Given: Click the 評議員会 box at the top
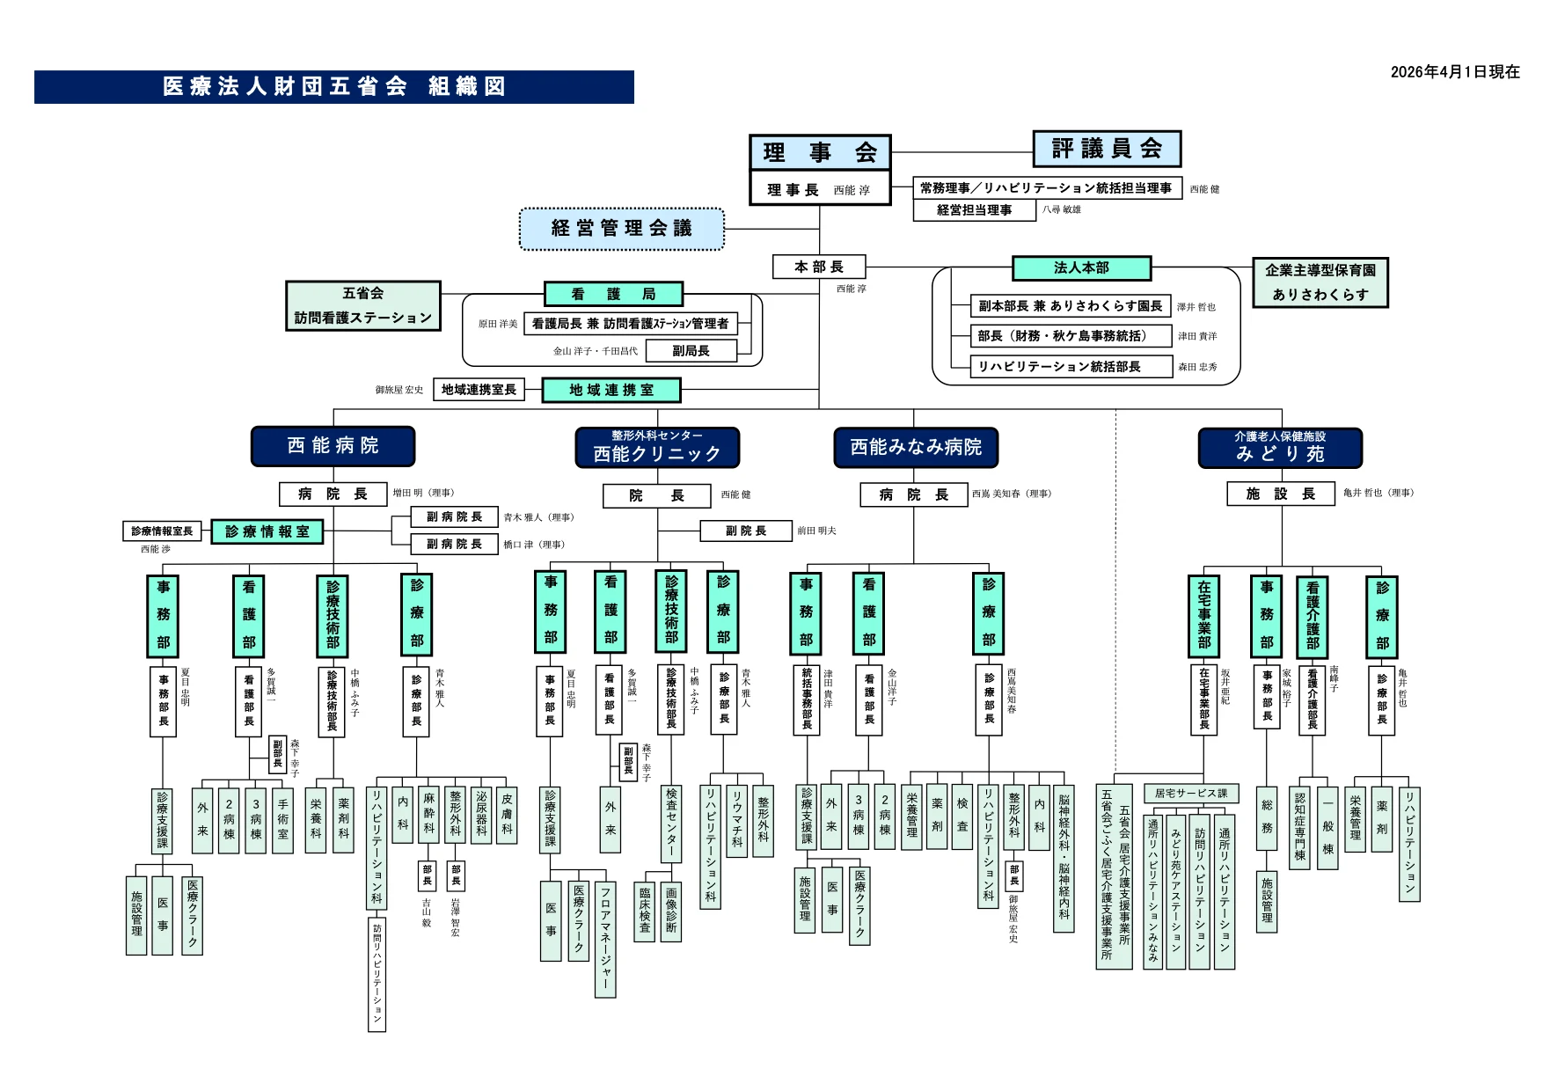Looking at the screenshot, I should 1106,149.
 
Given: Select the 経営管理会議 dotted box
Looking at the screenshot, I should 622,229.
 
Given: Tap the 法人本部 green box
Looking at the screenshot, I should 1081,267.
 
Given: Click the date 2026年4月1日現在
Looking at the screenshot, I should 1455,72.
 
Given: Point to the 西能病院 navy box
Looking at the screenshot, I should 333,446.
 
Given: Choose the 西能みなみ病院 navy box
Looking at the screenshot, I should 916,447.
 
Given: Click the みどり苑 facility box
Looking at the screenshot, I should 1280,448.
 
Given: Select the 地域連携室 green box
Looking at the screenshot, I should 611,390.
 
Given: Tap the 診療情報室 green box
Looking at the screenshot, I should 267,531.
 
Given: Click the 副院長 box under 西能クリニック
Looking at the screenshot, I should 746,531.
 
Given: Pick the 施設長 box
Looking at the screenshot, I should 1281,494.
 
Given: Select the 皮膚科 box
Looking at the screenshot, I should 507,814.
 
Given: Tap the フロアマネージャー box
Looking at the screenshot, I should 605,939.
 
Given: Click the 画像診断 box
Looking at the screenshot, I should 671,911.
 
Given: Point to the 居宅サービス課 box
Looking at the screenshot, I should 1190,794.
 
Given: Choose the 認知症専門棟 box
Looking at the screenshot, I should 1300,825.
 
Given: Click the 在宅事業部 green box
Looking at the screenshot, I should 1204,615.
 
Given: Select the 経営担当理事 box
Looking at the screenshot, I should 974,210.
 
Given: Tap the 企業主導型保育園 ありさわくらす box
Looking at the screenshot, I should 1320,282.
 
